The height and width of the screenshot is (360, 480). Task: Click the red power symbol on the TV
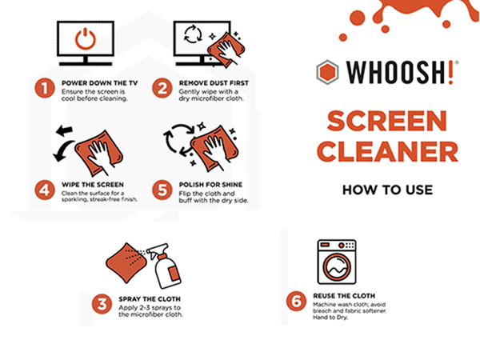coord(86,39)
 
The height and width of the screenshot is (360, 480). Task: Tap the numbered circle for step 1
coord(45,89)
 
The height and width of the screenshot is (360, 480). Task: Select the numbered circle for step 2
coord(162,89)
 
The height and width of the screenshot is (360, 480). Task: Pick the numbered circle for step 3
coord(102,304)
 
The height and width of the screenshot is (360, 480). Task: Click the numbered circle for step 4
coord(45,190)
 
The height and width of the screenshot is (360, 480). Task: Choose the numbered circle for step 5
coord(162,190)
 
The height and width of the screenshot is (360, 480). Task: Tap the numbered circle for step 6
coord(296,301)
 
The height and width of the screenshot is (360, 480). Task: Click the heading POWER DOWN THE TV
coord(100,83)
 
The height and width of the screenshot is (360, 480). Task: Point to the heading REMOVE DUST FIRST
coord(214,83)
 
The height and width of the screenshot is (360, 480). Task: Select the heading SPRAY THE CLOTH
coord(150,299)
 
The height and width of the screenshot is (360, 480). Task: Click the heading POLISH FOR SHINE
coord(210,185)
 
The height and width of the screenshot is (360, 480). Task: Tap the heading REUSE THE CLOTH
coord(344,296)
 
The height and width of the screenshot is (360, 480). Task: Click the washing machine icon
coord(337,262)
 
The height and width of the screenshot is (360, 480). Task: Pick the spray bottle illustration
coord(164,266)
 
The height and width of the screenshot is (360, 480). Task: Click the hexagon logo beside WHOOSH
coord(327,72)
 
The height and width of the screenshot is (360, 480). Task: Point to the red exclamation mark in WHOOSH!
coord(450,72)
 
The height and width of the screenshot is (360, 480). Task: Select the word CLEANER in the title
coord(387,152)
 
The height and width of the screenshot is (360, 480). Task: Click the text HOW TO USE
coord(387,190)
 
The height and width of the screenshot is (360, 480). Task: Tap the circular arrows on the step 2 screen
coord(193,34)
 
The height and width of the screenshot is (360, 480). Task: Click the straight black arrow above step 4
coord(64,130)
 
